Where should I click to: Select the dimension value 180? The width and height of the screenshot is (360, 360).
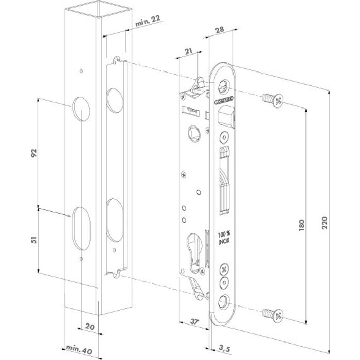[x=302, y=226]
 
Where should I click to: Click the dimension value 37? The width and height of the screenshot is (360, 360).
[x=194, y=321]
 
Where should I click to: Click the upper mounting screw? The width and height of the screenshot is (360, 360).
[x=272, y=100]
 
